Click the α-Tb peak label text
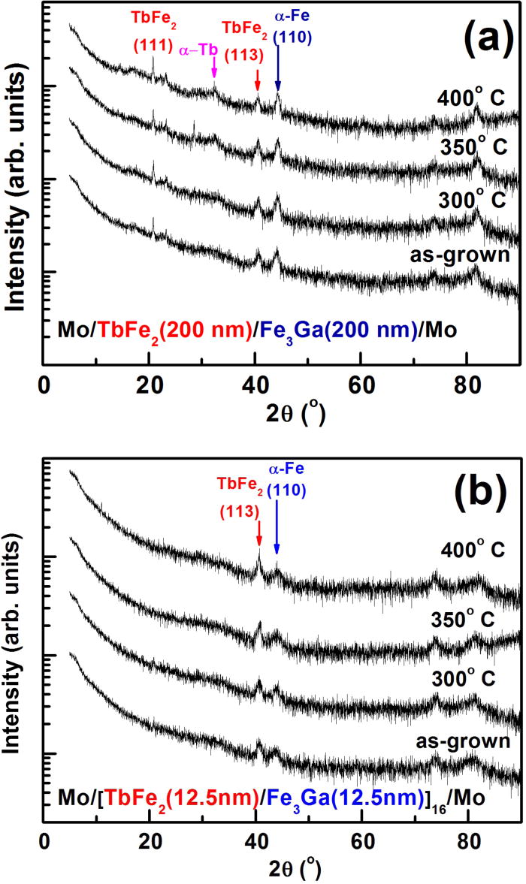pyautogui.click(x=198, y=51)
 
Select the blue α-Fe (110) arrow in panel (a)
pyautogui.click(x=277, y=68)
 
